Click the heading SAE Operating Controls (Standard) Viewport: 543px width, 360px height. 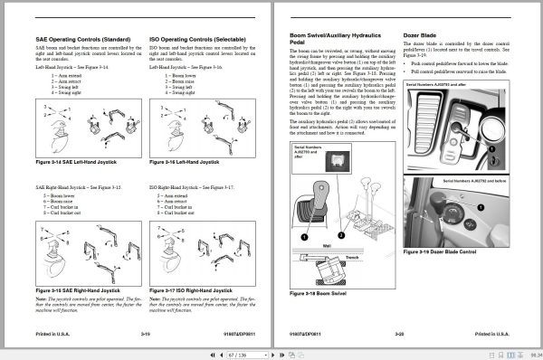pos(80,40)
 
